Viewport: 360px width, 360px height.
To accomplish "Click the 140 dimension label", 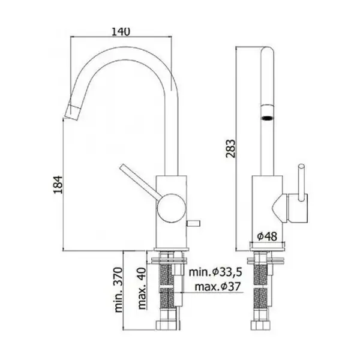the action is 121,32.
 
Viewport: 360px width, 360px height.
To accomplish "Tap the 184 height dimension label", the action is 58,185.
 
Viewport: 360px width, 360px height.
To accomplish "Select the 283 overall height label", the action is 230,149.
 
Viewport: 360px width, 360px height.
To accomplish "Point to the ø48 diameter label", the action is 267,236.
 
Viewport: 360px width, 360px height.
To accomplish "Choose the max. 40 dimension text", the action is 142,289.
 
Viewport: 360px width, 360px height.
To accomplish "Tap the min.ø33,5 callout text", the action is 215,272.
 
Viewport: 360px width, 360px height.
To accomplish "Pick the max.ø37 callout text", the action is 217,287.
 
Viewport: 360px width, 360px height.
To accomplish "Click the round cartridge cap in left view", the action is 171,208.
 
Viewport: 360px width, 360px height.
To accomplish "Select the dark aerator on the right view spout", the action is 268,118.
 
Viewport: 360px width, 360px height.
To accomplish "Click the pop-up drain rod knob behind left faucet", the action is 194,223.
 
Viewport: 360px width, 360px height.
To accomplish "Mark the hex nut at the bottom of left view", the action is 167,325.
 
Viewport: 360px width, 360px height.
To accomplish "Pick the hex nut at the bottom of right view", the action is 260,325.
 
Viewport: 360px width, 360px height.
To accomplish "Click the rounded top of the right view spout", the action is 268,51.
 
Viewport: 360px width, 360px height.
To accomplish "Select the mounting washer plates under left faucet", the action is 169,260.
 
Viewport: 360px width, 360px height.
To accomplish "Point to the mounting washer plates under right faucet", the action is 265,260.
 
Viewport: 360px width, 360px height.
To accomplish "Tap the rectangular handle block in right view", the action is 298,208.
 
